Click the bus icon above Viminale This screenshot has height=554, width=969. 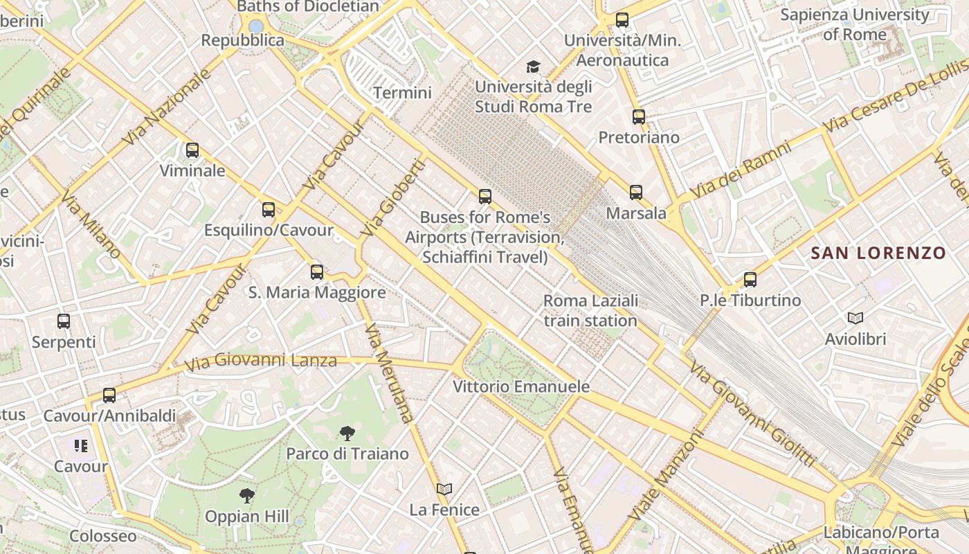click(x=192, y=150)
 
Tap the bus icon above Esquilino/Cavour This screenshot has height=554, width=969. click(x=269, y=209)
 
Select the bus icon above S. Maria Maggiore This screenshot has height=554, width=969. click(x=317, y=271)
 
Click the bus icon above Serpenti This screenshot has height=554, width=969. click(x=64, y=321)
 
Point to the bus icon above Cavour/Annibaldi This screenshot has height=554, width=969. click(x=109, y=395)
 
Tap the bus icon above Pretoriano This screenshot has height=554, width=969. click(x=639, y=116)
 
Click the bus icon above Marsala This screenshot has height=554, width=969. click(x=636, y=193)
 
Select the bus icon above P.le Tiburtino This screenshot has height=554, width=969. click(x=750, y=280)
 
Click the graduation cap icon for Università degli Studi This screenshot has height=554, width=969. click(x=533, y=66)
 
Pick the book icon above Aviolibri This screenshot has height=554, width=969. click(x=855, y=319)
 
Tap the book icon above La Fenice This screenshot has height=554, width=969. click(x=444, y=489)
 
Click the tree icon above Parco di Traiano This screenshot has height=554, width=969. click(x=347, y=434)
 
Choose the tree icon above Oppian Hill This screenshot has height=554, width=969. click(x=246, y=496)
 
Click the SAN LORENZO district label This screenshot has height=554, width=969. click(x=878, y=253)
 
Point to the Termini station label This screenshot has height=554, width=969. click(x=402, y=93)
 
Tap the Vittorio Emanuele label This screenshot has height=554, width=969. click(x=521, y=386)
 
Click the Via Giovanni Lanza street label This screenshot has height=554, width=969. click(x=261, y=361)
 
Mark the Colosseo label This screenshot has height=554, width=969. click(x=103, y=537)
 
